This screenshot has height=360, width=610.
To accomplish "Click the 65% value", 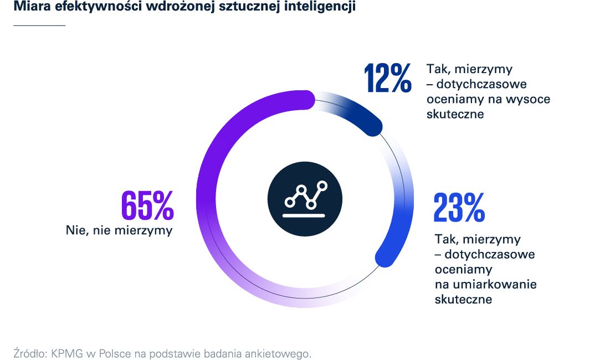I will pyautogui.click(x=147, y=205).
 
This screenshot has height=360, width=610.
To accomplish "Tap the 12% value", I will pyautogui.click(x=388, y=78).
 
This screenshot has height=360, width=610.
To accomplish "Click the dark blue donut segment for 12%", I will pyautogui.click(x=360, y=114).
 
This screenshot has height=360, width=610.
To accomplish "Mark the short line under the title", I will pyautogui.click(x=39, y=25).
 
